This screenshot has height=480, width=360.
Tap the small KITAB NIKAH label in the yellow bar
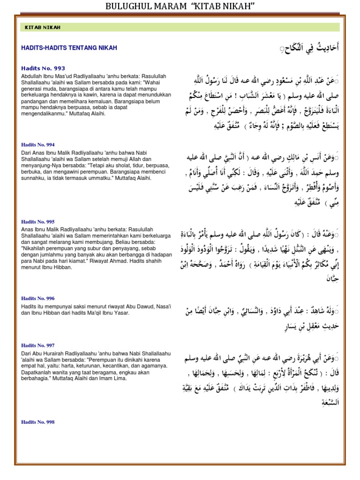43,27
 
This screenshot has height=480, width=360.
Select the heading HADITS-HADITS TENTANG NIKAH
69,48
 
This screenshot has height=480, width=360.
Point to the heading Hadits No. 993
43,68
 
